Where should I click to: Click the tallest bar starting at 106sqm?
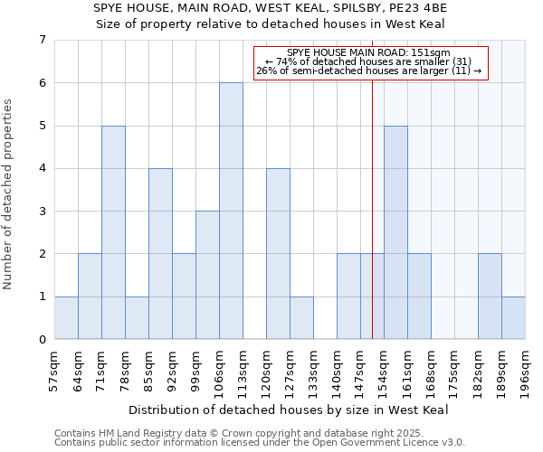coord(231,211)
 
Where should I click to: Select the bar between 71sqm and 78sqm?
coord(113,232)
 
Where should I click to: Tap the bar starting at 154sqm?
coord(395,232)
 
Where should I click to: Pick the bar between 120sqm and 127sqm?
coord(278,253)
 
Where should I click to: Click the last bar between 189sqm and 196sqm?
coord(513,317)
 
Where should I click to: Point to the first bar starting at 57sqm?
coord(66,317)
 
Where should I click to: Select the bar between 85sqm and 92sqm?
coord(160,253)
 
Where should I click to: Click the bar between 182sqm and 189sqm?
coord(490,297)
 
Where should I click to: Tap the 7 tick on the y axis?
coord(42,40)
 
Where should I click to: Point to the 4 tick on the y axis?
coord(42,168)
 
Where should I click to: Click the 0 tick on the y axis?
coord(42,339)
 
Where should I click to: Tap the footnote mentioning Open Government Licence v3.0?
coord(260,443)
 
